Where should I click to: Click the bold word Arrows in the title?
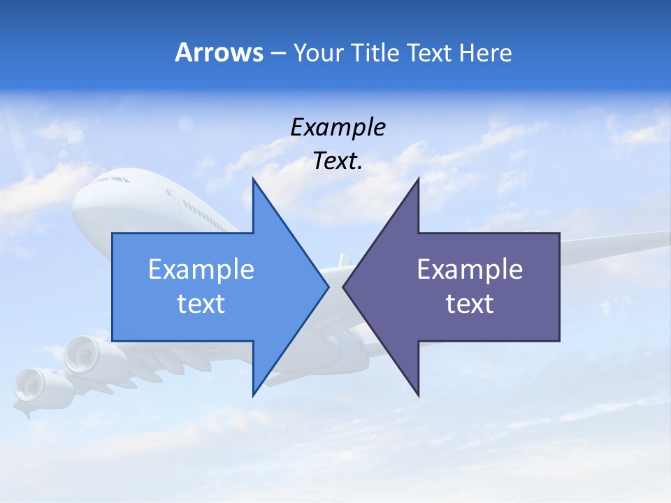pyautogui.click(x=219, y=52)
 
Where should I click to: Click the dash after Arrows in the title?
pyautogui.click(x=277, y=53)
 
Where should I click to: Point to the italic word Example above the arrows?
pyautogui.click(x=338, y=128)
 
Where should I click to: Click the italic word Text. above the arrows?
pyautogui.click(x=338, y=161)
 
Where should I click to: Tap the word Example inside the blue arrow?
pyautogui.click(x=201, y=270)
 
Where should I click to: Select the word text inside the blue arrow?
pyautogui.click(x=201, y=304)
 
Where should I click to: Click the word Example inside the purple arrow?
pyautogui.click(x=470, y=270)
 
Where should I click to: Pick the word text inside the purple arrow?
pyautogui.click(x=470, y=304)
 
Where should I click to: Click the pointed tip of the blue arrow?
pyautogui.click(x=327, y=286)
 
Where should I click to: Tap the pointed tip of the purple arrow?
pyautogui.click(x=345, y=286)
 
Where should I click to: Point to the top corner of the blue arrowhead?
pyautogui.click(x=253, y=180)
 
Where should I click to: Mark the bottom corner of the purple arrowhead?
pyautogui.click(x=418, y=395)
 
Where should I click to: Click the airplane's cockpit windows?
pyautogui.click(x=112, y=180)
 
